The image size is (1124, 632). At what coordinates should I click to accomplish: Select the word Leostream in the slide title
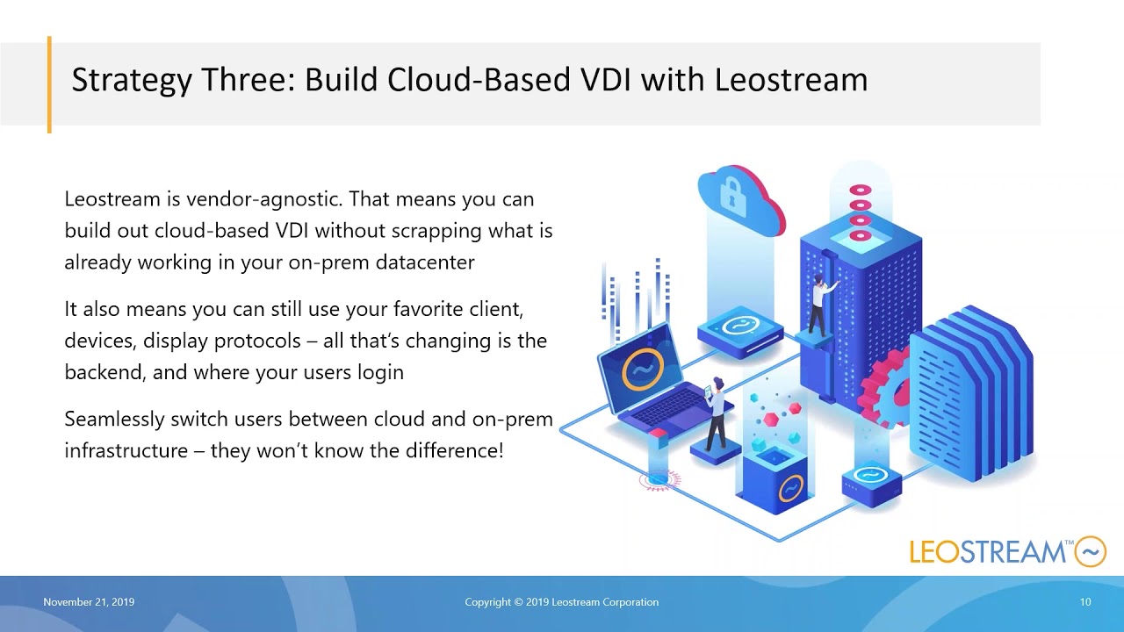pyautogui.click(x=790, y=80)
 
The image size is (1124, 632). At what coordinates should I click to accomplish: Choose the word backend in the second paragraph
pyautogui.click(x=104, y=372)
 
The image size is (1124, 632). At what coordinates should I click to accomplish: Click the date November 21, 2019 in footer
pyautogui.click(x=89, y=602)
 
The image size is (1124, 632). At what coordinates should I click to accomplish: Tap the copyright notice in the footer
pyautogui.click(x=561, y=602)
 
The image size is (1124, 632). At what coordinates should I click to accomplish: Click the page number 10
pyautogui.click(x=1085, y=602)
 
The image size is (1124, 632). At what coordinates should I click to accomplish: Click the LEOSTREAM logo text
pyautogui.click(x=988, y=552)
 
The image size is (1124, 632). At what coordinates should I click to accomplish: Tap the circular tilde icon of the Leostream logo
pyautogui.click(x=1091, y=551)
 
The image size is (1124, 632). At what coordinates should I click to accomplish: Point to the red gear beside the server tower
pyautogui.click(x=883, y=386)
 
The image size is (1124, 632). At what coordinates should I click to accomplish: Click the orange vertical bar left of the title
pyautogui.click(x=49, y=84)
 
